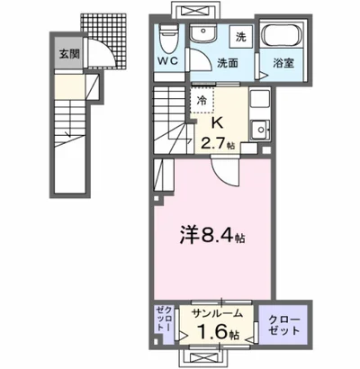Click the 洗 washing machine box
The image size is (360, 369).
click(240, 39)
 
